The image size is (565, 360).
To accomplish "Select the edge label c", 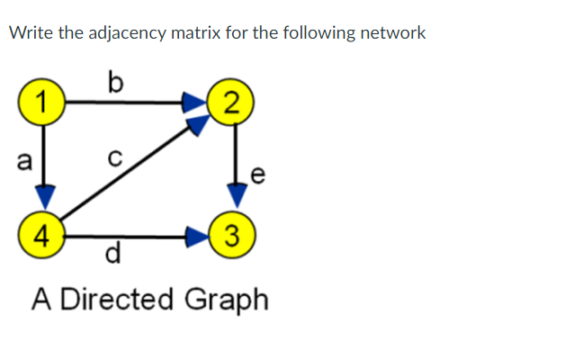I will (112, 163).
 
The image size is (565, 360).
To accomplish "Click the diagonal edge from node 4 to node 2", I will (126, 176).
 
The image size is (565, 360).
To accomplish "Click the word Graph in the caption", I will (226, 301).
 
